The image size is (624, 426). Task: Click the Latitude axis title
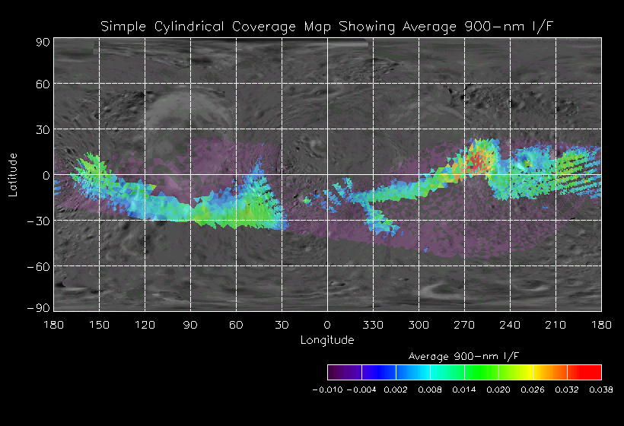coord(13,174)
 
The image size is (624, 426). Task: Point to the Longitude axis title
coord(327,340)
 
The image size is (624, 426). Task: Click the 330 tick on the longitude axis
coord(373,325)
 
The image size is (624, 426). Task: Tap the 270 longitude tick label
coord(464,325)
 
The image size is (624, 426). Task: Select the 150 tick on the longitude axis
coord(99,325)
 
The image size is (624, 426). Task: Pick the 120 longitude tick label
coord(145,325)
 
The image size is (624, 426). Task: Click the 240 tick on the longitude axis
coord(510,325)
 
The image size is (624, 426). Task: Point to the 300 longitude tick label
coord(419,325)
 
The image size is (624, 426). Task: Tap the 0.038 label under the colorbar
coord(601,389)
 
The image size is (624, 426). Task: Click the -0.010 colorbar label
coord(327,389)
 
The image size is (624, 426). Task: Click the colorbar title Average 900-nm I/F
coord(464,356)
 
